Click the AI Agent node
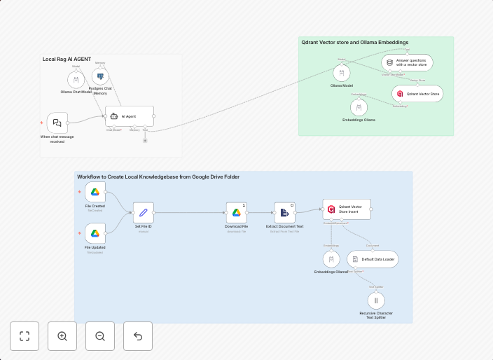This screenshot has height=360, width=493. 130,116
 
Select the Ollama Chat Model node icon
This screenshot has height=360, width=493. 76,79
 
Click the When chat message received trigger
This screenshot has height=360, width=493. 57,123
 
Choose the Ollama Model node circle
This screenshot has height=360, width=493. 342,74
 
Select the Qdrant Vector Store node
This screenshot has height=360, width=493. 417,93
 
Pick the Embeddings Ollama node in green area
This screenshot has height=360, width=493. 359,108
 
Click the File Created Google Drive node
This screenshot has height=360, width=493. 95,192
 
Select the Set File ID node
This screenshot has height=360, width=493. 143,212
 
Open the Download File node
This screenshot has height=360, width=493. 237,212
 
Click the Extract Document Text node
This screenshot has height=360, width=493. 285,212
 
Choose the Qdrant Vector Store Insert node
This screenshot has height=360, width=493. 347,209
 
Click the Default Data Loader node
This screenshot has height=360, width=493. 373,259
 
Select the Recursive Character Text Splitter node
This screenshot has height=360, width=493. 375,300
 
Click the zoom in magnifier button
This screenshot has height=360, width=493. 62,336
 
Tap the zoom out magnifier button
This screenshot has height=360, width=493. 100,336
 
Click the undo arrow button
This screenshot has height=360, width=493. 138,336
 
